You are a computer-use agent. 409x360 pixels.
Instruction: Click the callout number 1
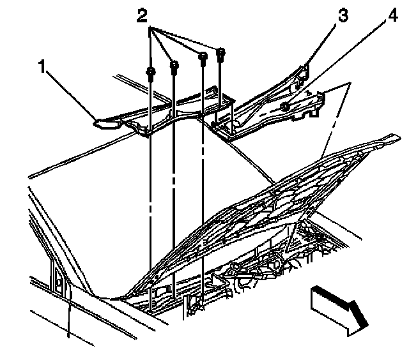[42, 66]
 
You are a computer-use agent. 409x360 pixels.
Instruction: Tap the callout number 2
[142, 15]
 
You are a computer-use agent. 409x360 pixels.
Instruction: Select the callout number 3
[343, 15]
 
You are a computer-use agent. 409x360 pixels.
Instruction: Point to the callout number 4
[392, 15]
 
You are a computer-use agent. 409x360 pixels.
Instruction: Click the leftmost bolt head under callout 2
[151, 71]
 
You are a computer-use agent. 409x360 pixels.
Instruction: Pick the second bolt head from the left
[174, 65]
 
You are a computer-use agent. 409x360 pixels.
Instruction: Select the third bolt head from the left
[203, 56]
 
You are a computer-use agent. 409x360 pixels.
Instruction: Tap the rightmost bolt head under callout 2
[220, 52]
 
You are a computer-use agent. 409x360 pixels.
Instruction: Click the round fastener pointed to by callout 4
[284, 107]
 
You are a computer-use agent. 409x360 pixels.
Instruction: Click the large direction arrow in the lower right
[339, 311]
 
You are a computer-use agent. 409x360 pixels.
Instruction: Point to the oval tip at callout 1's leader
[107, 124]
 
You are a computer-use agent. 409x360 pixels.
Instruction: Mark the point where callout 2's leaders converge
[150, 27]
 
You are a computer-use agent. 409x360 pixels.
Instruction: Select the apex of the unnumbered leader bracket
[350, 83]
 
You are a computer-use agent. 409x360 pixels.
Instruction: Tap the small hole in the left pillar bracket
[59, 282]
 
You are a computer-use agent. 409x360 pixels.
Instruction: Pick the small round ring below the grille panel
[236, 266]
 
